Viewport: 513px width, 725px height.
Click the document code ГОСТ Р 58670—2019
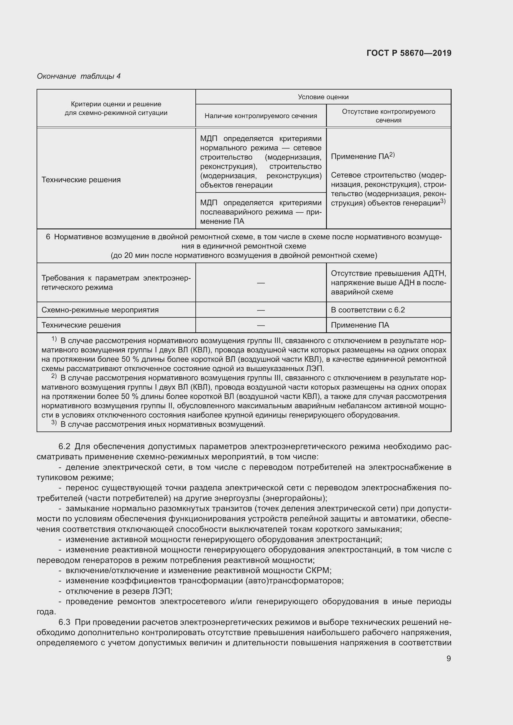409,53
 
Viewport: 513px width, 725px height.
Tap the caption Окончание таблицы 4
79,76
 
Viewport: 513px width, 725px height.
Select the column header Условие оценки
323,97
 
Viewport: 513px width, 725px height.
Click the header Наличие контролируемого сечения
261,116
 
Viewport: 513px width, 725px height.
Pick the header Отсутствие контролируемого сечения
388,116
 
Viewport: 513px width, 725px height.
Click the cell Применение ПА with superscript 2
363,156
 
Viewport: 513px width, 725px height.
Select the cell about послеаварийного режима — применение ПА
261,212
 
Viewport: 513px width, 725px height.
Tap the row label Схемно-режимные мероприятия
100,310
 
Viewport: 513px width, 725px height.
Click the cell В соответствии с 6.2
368,310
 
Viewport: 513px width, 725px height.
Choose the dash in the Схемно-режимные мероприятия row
261,310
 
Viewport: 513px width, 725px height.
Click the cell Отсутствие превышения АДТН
388,283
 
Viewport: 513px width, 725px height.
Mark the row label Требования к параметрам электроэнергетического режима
116,283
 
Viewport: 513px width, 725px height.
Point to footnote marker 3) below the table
54,423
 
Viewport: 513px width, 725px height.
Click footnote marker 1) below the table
54,339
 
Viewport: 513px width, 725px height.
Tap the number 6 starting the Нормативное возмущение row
48,237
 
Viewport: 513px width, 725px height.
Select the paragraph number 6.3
64,622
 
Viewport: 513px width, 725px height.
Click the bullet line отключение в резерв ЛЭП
119,591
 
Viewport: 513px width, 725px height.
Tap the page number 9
448,658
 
